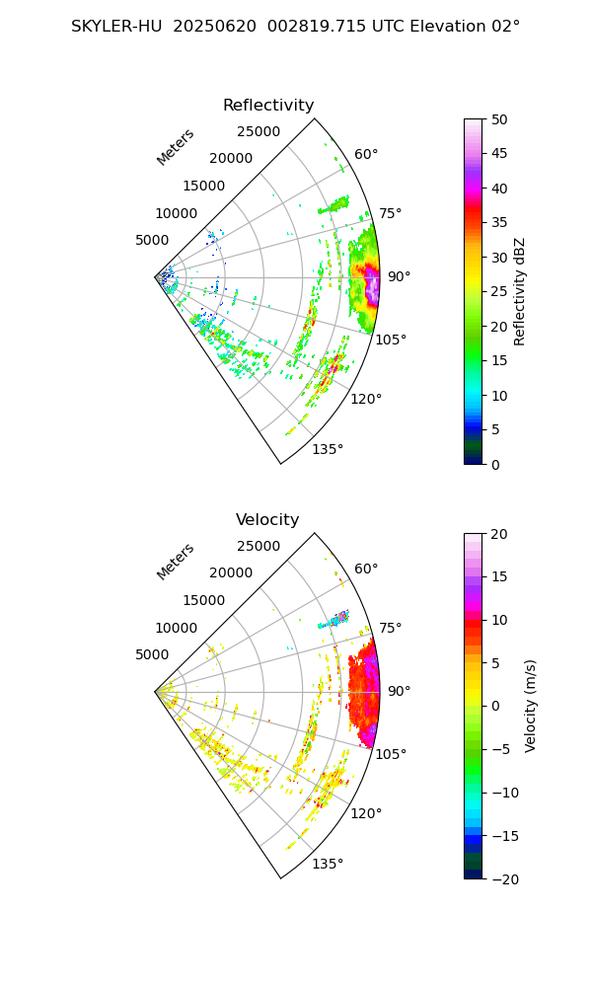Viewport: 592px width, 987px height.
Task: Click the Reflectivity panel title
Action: click(268, 106)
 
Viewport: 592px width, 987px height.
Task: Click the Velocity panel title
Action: click(267, 520)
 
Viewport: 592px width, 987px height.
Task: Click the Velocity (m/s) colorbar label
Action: click(531, 706)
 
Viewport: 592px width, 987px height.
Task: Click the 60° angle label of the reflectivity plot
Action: click(366, 154)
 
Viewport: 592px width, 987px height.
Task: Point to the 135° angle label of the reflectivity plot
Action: click(328, 450)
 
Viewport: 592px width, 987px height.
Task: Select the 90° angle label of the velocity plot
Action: click(399, 691)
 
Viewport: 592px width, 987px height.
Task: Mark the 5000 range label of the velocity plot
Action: click(152, 654)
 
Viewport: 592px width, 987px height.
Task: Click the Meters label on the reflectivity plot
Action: click(176, 147)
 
